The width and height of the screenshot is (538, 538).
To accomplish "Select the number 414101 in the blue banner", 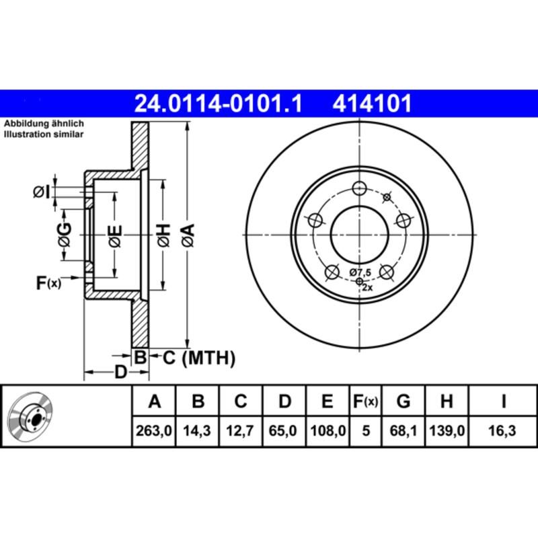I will point(370,104).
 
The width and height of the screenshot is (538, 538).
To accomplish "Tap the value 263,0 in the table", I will point(154,432).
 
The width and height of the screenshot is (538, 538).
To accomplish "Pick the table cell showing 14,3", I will point(198,432).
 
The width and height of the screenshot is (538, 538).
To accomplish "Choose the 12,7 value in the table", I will point(240,432).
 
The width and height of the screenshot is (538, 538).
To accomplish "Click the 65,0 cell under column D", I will point(284,432).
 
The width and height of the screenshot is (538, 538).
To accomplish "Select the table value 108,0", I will point(327,432).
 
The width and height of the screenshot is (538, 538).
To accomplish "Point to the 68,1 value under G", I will point(403,432).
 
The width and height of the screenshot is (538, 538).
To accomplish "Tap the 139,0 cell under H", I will point(446,432).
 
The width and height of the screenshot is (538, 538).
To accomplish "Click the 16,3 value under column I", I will point(502,432).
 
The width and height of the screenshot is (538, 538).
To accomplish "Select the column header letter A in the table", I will point(154,402).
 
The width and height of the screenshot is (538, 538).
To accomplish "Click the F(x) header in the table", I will point(366,402).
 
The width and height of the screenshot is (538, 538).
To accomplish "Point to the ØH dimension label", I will point(163,235).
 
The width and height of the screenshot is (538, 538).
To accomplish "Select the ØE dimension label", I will point(115,235).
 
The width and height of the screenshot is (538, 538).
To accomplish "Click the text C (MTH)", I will point(199,358).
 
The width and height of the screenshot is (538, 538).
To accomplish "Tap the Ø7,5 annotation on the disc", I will point(360,272).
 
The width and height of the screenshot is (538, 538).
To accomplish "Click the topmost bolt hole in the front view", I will point(360,188).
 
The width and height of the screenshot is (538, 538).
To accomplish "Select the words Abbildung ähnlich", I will point(44,124).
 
